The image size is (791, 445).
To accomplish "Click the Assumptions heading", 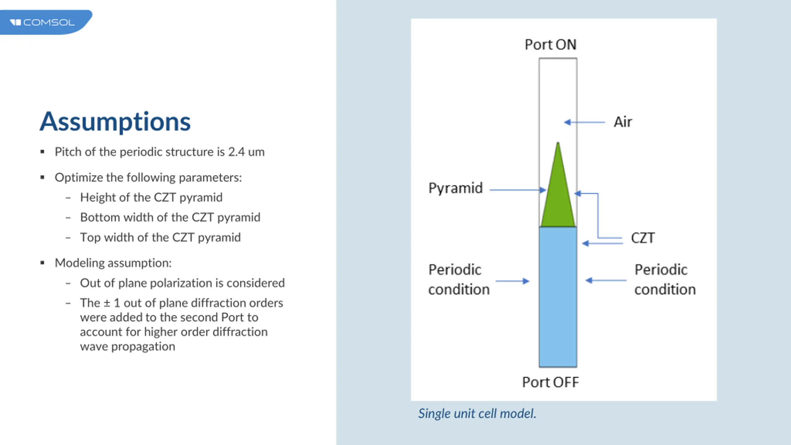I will pyautogui.click(x=115, y=122).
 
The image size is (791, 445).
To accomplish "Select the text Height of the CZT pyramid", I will pyautogui.click(x=151, y=197).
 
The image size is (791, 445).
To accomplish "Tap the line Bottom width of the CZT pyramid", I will pyautogui.click(x=170, y=218).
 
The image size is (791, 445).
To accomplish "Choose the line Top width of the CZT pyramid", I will pyautogui.click(x=160, y=238).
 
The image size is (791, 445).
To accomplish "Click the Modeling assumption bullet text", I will pyautogui.click(x=113, y=263).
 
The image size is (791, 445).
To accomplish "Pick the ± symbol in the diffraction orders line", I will pyautogui.click(x=107, y=303).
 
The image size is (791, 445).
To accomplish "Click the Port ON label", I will pyautogui.click(x=550, y=45).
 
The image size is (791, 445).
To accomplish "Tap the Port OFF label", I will pyautogui.click(x=550, y=382).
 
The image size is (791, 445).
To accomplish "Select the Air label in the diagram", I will pyautogui.click(x=623, y=122).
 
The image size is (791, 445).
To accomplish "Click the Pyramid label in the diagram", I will pyautogui.click(x=455, y=188).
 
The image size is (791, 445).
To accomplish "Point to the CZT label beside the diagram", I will pyautogui.click(x=643, y=238).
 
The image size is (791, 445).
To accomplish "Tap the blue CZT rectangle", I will pyautogui.click(x=558, y=297).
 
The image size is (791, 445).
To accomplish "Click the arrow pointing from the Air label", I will pyautogui.click(x=584, y=122).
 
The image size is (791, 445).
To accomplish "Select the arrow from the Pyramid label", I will pyautogui.click(x=518, y=190).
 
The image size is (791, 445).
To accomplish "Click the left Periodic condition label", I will pyautogui.click(x=459, y=280).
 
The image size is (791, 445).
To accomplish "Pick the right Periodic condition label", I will pyautogui.click(x=665, y=280).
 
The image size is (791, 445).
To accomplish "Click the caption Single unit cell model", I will pyautogui.click(x=477, y=413).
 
